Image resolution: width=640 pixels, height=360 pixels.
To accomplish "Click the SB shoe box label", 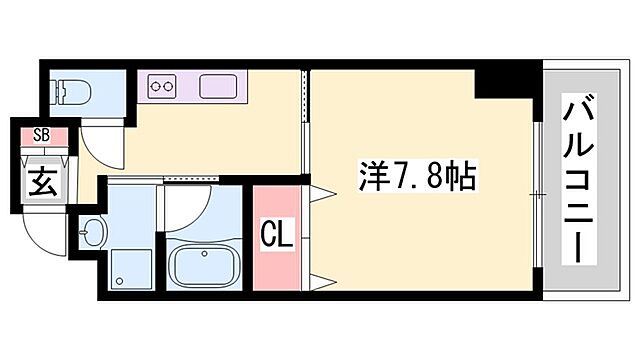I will pyautogui.click(x=41, y=134).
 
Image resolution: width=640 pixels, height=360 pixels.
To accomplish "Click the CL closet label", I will pyautogui.click(x=276, y=238).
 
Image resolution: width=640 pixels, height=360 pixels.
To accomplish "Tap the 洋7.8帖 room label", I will pyautogui.click(x=417, y=180).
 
